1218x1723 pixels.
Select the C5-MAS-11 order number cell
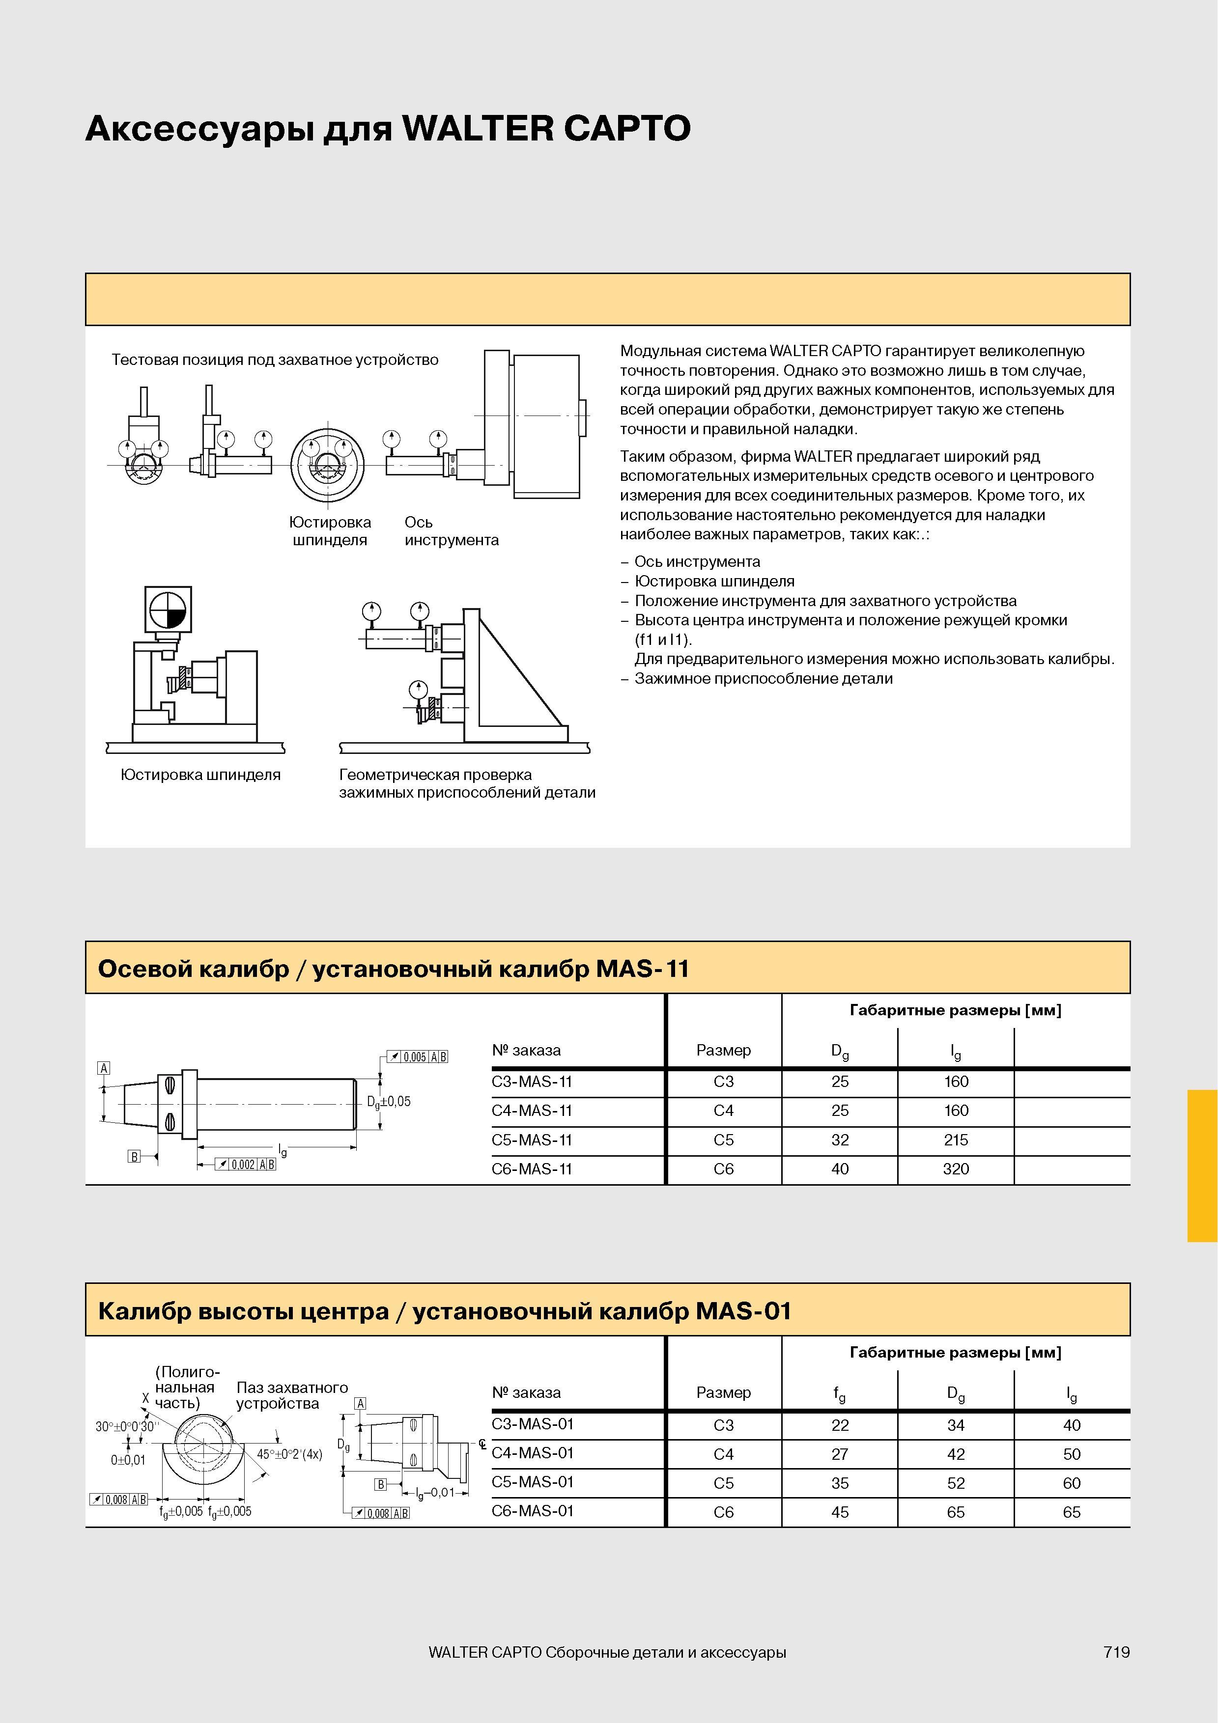(532, 1140)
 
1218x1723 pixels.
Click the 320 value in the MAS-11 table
(956, 1168)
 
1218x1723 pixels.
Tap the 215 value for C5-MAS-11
(956, 1140)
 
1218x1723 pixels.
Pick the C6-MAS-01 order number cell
(533, 1511)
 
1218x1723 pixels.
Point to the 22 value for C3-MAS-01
(840, 1425)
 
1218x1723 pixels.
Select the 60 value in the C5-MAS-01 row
(1072, 1483)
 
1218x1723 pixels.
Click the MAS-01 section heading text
(445, 1311)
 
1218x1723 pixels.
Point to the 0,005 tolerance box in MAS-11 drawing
(417, 1056)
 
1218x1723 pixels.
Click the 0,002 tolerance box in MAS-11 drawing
(245, 1164)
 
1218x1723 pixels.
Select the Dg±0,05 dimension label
(389, 1102)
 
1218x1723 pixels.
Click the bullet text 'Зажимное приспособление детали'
(763, 678)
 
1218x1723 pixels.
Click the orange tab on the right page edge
(1202, 1166)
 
